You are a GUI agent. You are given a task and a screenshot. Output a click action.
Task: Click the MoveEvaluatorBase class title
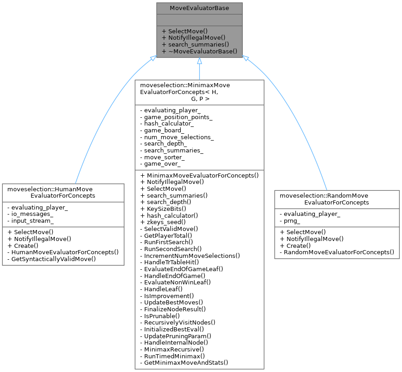pos(199,8)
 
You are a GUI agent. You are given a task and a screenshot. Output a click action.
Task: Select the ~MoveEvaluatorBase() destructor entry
pos(199,52)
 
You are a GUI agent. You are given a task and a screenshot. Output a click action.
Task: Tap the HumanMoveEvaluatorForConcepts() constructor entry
pos(63,251)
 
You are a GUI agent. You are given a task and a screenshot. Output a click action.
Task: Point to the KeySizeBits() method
pos(166,208)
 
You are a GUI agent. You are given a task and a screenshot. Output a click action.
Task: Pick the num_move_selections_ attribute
pos(179,137)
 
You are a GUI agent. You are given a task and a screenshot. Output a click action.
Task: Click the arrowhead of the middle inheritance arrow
pos(199,61)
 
